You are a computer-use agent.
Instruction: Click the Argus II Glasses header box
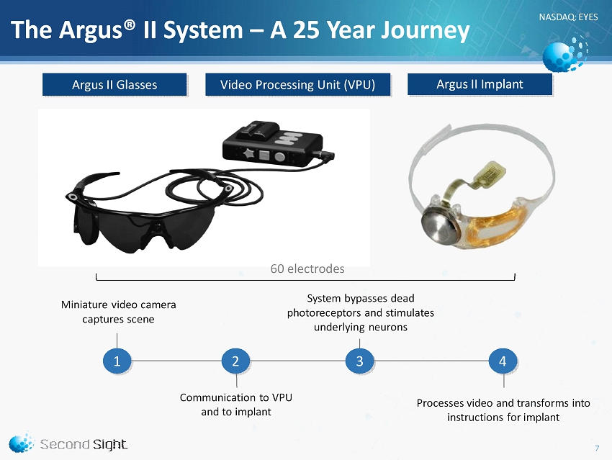(x=114, y=84)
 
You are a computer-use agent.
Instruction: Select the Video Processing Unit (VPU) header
(x=298, y=84)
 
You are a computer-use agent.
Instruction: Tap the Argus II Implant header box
(x=480, y=84)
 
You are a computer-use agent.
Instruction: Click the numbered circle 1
(x=117, y=361)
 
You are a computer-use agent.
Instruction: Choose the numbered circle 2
(x=235, y=361)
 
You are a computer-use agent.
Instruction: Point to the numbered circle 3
(x=360, y=361)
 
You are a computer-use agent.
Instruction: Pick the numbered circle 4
(x=503, y=361)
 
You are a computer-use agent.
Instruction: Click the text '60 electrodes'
(x=307, y=269)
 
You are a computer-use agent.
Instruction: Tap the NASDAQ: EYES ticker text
(x=568, y=17)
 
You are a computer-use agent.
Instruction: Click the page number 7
(x=597, y=448)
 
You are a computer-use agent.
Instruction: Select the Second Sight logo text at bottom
(x=84, y=444)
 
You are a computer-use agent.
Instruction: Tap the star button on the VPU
(x=248, y=153)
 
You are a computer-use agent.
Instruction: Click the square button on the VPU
(x=264, y=155)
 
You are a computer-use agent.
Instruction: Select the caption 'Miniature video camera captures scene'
(x=118, y=312)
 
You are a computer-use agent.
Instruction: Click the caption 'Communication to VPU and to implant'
(x=235, y=405)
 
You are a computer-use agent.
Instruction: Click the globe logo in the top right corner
(x=564, y=53)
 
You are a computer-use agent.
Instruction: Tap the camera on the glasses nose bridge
(x=157, y=227)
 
